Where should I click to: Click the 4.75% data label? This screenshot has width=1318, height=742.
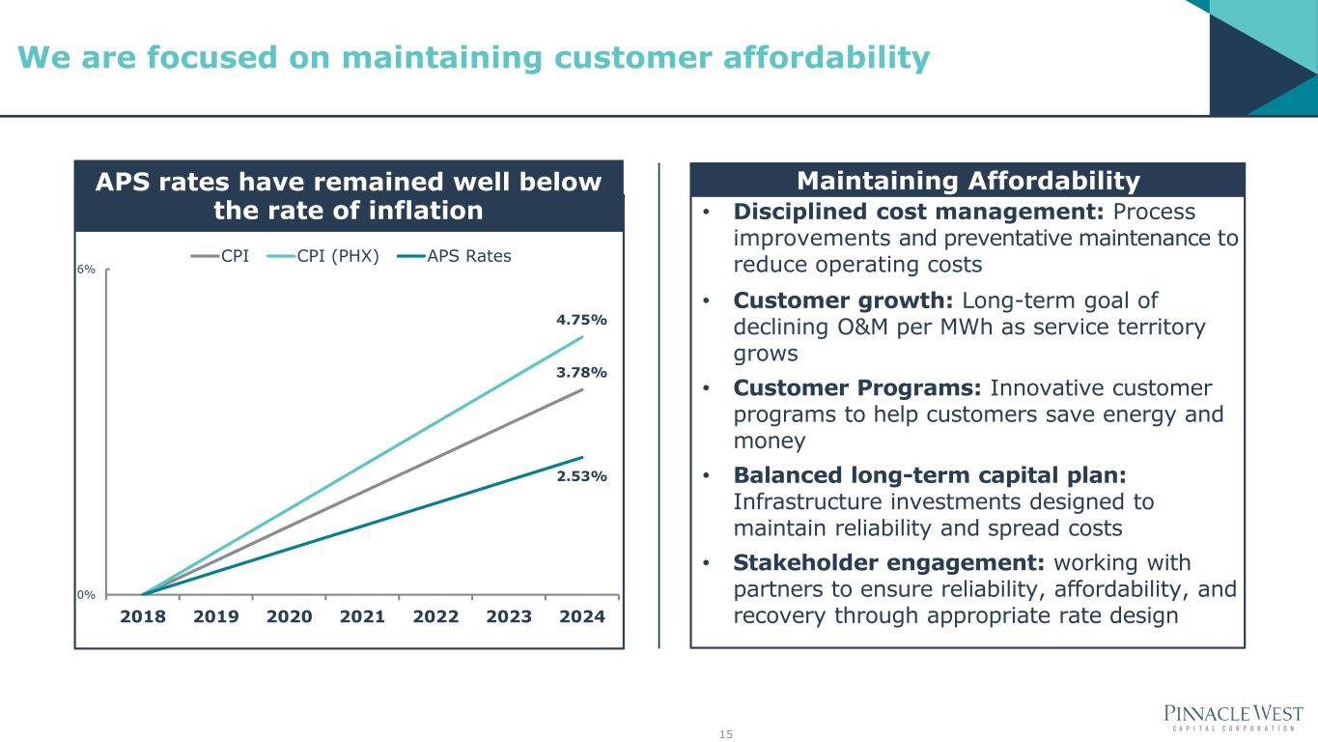[x=581, y=320]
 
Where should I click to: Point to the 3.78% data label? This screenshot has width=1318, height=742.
[x=581, y=372]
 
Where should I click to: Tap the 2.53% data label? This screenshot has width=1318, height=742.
[x=581, y=476]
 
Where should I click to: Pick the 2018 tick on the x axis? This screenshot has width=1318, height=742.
[x=143, y=616]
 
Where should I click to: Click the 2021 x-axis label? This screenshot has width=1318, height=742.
[x=362, y=616]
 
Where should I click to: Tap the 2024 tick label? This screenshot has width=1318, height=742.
[x=582, y=616]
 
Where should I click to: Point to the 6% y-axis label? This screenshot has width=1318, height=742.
[x=86, y=270]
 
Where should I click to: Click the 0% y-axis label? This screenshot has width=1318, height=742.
[x=86, y=594]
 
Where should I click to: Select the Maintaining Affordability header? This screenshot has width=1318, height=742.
[x=967, y=181]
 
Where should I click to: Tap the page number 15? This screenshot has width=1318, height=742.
[x=726, y=734]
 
